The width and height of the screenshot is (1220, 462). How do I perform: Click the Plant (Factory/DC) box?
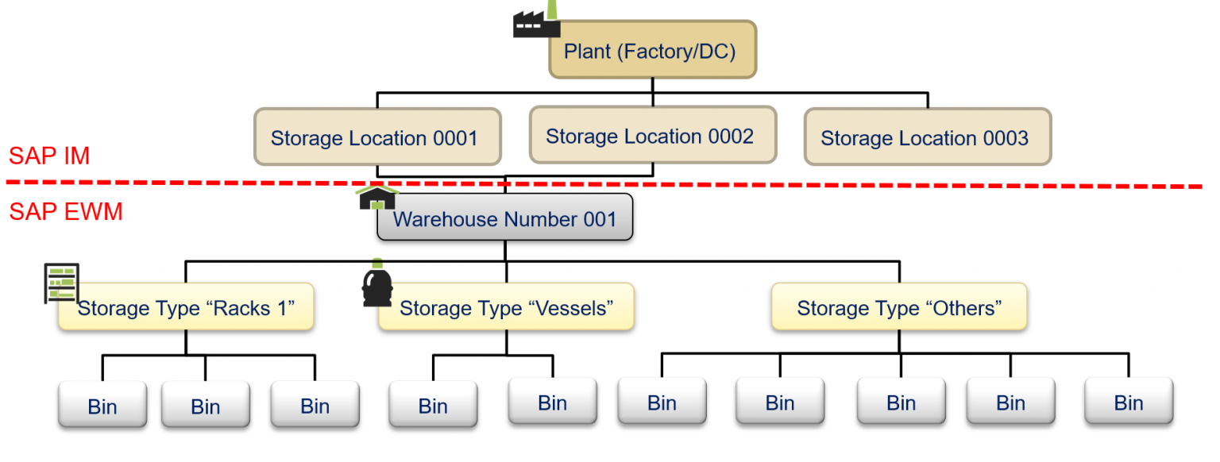[652, 51]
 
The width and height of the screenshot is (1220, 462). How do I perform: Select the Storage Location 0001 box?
[376, 137]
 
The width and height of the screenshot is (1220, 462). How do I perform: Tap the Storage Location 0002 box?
[652, 136]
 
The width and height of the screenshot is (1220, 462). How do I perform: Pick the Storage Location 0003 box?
[927, 137]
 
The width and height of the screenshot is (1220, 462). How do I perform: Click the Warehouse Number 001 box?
[505, 218]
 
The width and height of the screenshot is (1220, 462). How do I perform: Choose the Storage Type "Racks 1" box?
[186, 307]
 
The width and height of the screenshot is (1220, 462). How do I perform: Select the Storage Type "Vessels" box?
[506, 307]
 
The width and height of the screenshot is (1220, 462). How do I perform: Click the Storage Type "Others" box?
[899, 307]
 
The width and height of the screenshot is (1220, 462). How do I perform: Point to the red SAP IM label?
[49, 156]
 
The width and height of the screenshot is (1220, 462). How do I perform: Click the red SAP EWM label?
[66, 212]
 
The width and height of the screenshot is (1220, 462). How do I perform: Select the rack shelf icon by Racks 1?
[61, 283]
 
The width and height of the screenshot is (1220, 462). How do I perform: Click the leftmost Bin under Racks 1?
[102, 406]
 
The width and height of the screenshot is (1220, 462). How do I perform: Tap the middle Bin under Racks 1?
[205, 406]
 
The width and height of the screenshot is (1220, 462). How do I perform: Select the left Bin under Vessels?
[433, 406]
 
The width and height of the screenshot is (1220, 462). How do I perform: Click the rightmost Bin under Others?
[1128, 402]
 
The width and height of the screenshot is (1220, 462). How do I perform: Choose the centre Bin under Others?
[901, 402]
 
